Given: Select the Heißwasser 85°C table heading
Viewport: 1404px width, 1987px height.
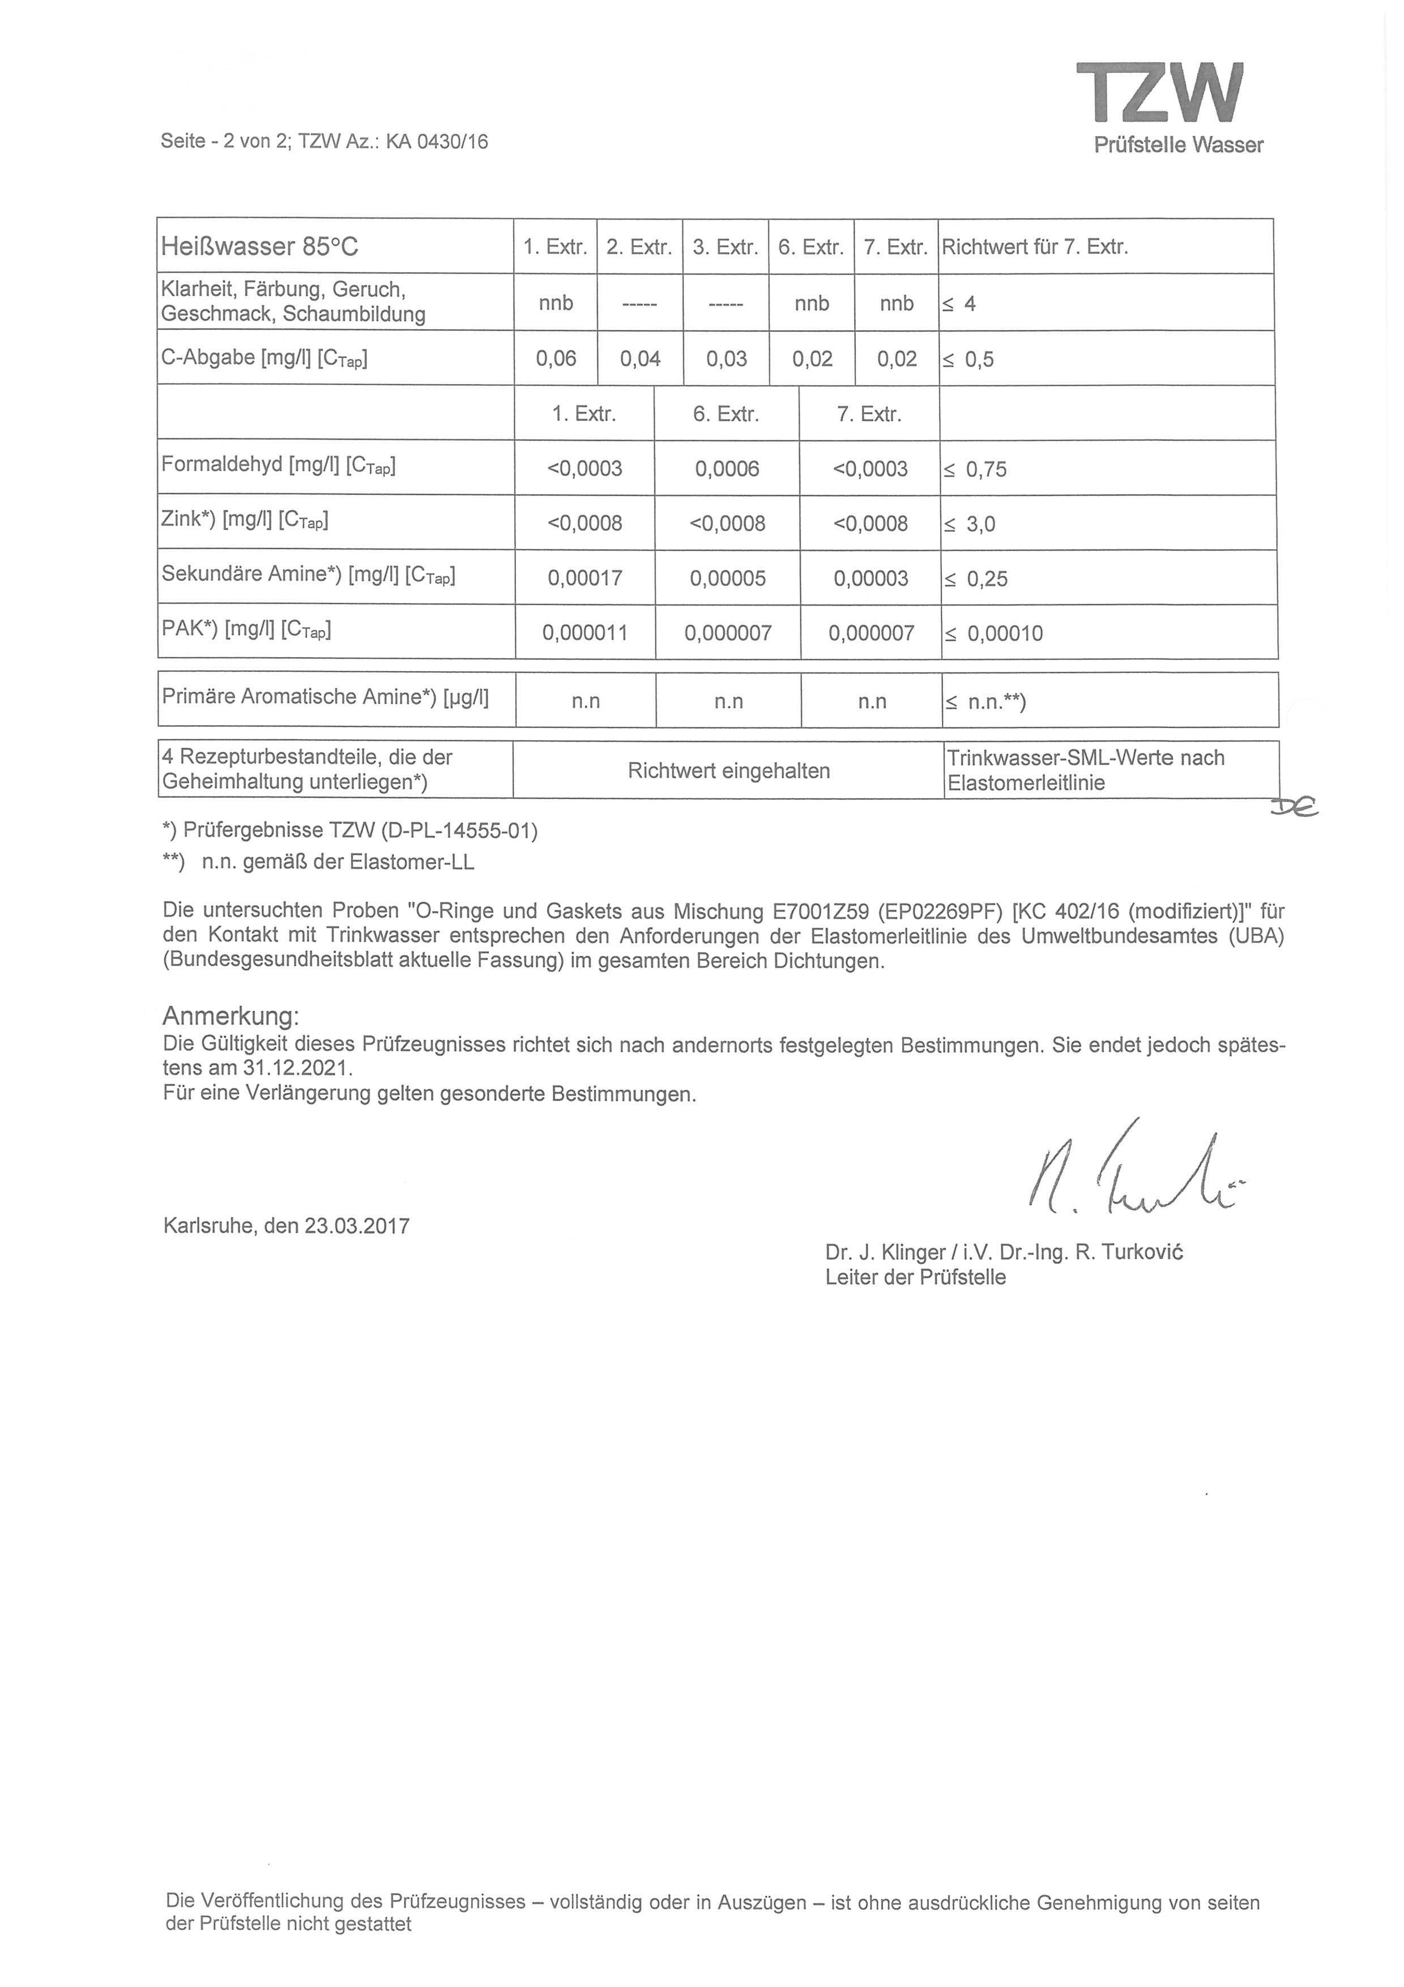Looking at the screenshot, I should click(259, 248).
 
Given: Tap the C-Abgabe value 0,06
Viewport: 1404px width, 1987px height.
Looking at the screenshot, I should click(556, 359).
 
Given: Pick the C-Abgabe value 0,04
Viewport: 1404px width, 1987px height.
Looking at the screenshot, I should click(640, 359).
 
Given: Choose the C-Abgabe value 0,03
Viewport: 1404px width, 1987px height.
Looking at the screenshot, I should click(726, 359).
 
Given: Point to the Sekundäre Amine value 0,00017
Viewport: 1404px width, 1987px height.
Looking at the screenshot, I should click(585, 578).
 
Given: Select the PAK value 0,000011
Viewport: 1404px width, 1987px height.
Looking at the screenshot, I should click(585, 633).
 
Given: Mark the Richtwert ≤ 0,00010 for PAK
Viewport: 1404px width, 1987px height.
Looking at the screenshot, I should click(994, 633).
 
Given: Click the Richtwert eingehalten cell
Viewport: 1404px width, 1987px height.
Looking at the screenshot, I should click(728, 770).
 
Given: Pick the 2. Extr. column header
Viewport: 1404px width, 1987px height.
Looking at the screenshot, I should click(639, 248).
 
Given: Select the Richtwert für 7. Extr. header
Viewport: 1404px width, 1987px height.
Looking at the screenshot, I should click(1035, 248).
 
